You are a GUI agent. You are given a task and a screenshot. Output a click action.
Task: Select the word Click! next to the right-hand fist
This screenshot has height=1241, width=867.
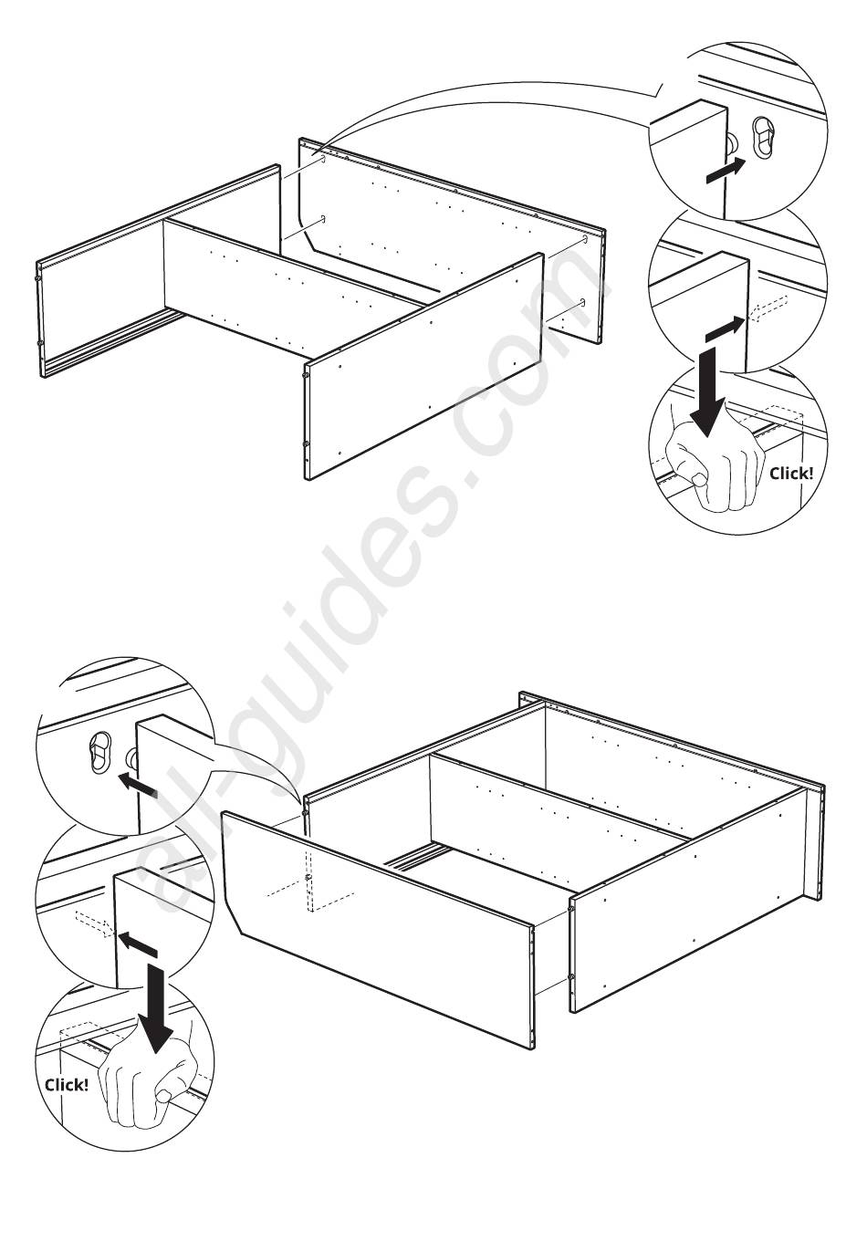click(791, 474)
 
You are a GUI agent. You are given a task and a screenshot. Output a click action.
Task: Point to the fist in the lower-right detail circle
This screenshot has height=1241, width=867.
click(714, 466)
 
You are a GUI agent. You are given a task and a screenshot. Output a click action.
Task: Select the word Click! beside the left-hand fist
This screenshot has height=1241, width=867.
click(67, 1084)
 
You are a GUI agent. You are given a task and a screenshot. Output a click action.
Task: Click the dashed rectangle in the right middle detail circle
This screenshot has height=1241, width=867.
click(767, 308)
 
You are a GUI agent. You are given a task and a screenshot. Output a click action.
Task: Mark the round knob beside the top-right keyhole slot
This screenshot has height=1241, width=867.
click(732, 144)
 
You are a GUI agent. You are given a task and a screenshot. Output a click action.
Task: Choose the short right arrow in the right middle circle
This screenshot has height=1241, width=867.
click(724, 329)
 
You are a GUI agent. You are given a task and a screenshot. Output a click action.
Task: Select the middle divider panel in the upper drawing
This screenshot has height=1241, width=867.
click(291, 287)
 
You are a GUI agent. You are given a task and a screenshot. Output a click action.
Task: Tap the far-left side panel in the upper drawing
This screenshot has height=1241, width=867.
click(159, 272)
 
